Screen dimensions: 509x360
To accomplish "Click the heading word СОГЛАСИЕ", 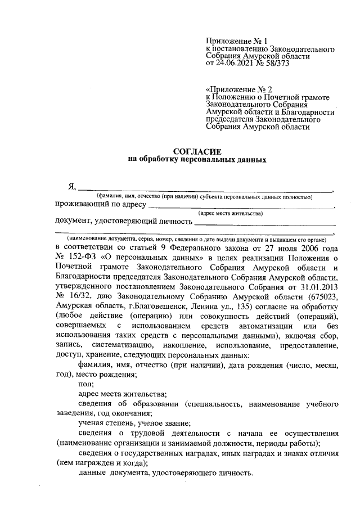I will click(x=196, y=151).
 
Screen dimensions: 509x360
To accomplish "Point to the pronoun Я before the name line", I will click(x=71, y=187).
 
